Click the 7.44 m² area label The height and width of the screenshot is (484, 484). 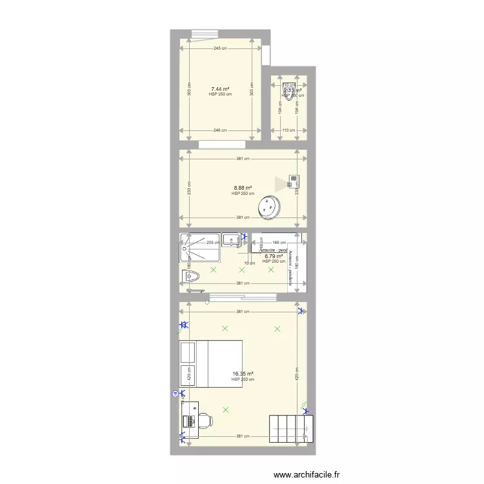pyautogui.click(x=221, y=90)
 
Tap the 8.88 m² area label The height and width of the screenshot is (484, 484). pyautogui.click(x=243, y=188)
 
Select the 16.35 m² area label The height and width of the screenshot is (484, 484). pyautogui.click(x=243, y=374)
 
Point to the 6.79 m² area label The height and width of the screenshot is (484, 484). pyautogui.click(x=274, y=256)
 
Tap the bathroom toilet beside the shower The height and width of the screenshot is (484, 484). pyautogui.click(x=192, y=277)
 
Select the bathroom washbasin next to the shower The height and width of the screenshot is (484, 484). pyautogui.click(x=230, y=241)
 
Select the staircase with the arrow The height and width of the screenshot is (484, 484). pyautogui.click(x=291, y=429)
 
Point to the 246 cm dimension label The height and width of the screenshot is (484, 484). pyautogui.click(x=221, y=130)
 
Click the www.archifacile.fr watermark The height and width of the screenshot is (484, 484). pyautogui.click(x=307, y=474)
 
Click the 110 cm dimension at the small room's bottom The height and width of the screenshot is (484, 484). pyautogui.click(x=288, y=130)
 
